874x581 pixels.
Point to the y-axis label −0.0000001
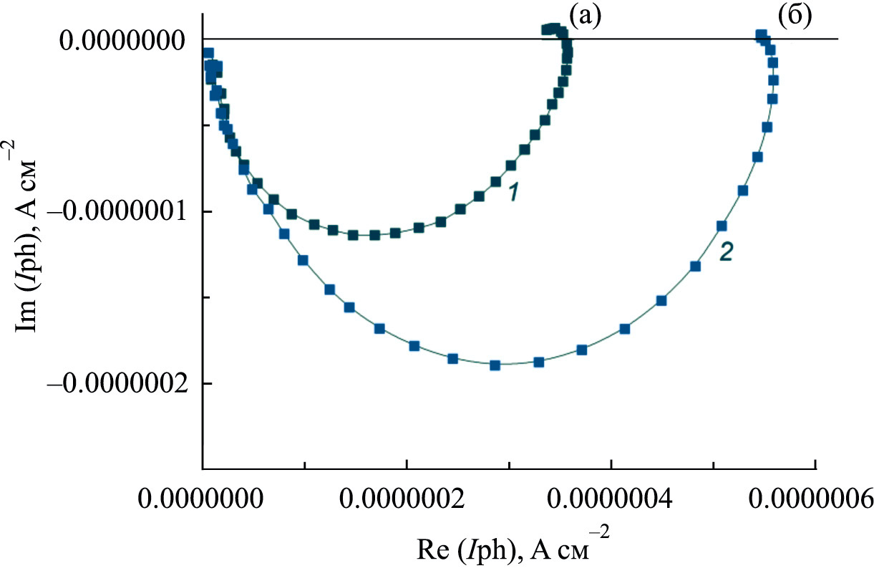pyautogui.click(x=116, y=213)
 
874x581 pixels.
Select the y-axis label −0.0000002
pyautogui.click(x=116, y=385)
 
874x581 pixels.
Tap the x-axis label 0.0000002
pyautogui.click(x=406, y=497)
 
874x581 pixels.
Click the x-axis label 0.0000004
pyautogui.click(x=611, y=497)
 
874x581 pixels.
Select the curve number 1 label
pyautogui.click(x=513, y=191)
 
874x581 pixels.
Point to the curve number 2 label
pyautogui.click(x=725, y=252)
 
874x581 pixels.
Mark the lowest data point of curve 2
pyautogui.click(x=495, y=365)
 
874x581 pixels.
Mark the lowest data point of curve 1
pyautogui.click(x=374, y=235)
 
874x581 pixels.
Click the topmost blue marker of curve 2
pyautogui.click(x=761, y=34)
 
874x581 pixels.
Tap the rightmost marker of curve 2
pyautogui.click(x=773, y=80)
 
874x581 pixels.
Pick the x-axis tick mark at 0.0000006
pyautogui.click(x=815, y=465)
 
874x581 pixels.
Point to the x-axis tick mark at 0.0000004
pyautogui.click(x=611, y=465)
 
